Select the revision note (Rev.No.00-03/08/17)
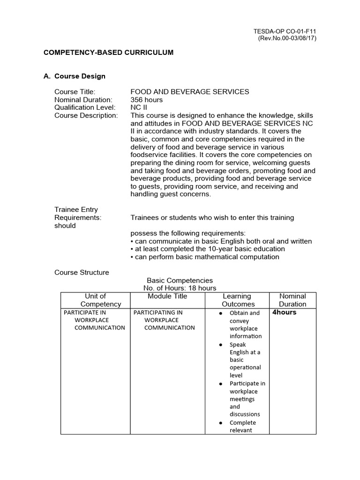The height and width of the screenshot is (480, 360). [x=287, y=38]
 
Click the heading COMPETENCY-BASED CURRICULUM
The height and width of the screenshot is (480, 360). [x=108, y=52]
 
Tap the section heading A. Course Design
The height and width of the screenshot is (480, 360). [x=75, y=76]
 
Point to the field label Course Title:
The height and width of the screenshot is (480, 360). [x=75, y=92]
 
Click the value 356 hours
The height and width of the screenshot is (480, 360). [x=147, y=100]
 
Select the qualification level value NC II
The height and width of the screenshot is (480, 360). [x=139, y=107]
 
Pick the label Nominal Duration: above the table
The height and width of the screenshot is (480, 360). [x=83, y=100]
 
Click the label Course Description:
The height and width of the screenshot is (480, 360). [x=86, y=115]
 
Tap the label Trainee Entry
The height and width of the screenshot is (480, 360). [x=76, y=210]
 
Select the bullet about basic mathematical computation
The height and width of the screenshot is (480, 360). [x=205, y=257]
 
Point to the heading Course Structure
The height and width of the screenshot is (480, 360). [x=82, y=272]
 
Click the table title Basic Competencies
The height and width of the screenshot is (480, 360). [x=180, y=280]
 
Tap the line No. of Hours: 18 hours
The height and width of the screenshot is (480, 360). [x=180, y=288]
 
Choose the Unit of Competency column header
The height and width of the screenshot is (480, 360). [x=95, y=300]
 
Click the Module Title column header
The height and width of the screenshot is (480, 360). [x=167, y=296]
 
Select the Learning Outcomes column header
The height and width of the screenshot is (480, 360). [x=237, y=300]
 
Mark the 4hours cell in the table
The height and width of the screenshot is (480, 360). [x=285, y=312]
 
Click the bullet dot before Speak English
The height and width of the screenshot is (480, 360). [x=221, y=345]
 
